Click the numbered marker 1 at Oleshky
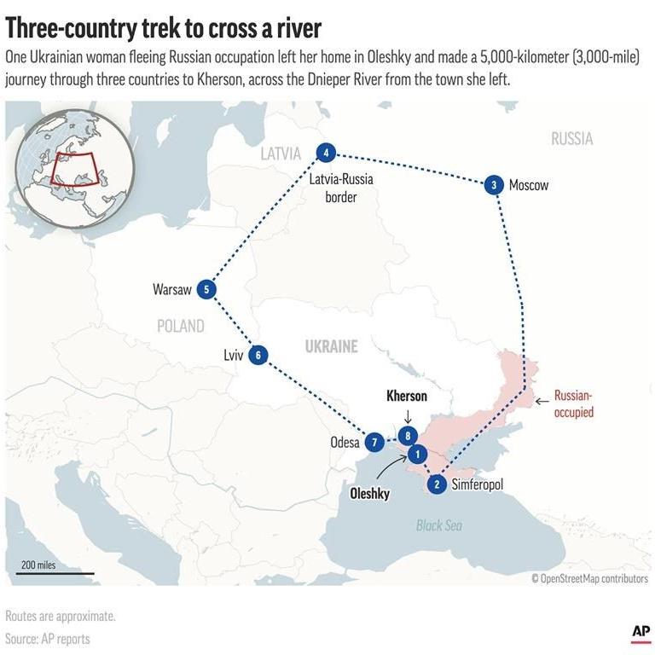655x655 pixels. click(417, 454)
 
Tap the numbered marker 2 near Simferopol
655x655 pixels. click(437, 484)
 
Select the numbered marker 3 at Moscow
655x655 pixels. click(493, 185)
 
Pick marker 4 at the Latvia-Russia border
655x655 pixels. click(325, 154)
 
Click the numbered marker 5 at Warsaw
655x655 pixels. click(206, 290)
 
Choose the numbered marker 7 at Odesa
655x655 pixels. click(374, 443)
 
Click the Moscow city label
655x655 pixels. click(529, 185)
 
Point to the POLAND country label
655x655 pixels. click(180, 326)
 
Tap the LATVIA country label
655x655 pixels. click(281, 154)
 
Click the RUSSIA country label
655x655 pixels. click(571, 139)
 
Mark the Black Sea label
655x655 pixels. click(439, 525)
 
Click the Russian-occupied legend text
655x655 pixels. click(573, 403)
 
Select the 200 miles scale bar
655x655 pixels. click(55, 572)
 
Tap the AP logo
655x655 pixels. click(641, 632)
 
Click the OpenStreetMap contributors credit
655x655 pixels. click(589, 579)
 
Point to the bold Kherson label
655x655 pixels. click(407, 397)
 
